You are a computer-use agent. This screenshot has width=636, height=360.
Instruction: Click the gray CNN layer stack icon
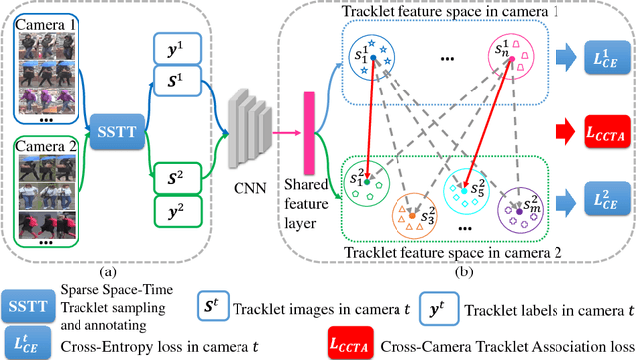[239, 129]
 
